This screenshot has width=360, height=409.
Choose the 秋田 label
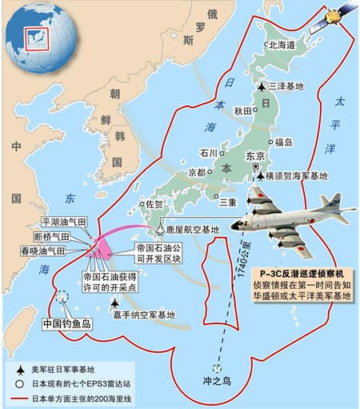point(243,111)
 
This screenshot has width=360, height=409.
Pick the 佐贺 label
point(150,205)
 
